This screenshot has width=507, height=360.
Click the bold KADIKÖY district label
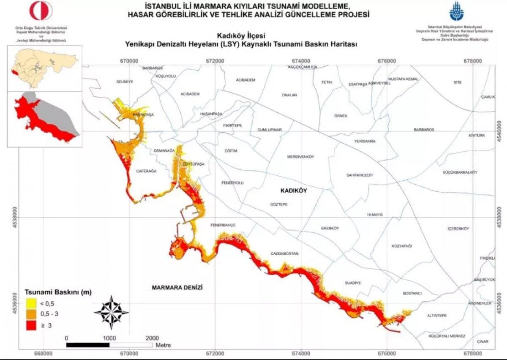294,191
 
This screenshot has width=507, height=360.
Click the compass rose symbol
111,313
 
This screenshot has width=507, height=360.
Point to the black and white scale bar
109,345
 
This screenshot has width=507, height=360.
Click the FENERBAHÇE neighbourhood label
223,225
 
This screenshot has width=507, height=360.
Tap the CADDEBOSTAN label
284,254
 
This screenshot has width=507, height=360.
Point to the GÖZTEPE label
278,204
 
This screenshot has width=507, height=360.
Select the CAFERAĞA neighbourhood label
146,171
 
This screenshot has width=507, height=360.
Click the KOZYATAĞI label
401,246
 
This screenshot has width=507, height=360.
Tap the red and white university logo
41,11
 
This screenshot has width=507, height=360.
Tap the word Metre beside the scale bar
164,345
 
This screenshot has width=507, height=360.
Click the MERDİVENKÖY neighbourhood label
301,157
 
